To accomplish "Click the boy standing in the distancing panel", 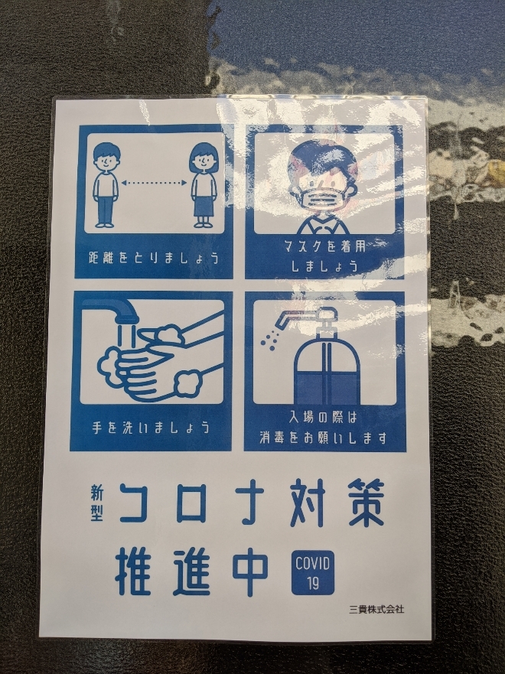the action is coord(106,185).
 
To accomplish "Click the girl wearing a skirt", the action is coord(204,185).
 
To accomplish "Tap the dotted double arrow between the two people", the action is coord(155,183).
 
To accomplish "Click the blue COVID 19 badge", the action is coord(313,572).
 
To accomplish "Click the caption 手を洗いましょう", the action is coord(151,428).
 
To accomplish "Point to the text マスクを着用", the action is coord(325,247).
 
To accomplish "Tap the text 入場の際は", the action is coord(323,418).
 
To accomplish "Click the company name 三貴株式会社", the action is coord(376,609).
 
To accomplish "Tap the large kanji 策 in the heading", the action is coord(364,502).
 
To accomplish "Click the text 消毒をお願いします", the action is coord(323,438).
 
